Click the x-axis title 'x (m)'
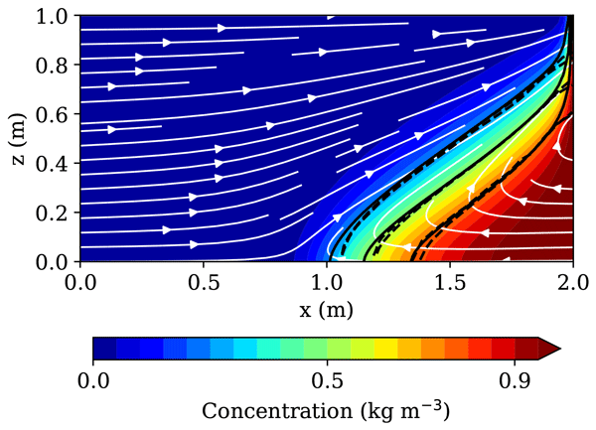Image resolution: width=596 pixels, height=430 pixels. point(326,309)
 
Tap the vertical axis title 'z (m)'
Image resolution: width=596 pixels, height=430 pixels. point(19,139)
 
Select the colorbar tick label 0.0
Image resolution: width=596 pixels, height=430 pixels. point(93,379)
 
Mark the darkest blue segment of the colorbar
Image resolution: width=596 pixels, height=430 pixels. point(104,348)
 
